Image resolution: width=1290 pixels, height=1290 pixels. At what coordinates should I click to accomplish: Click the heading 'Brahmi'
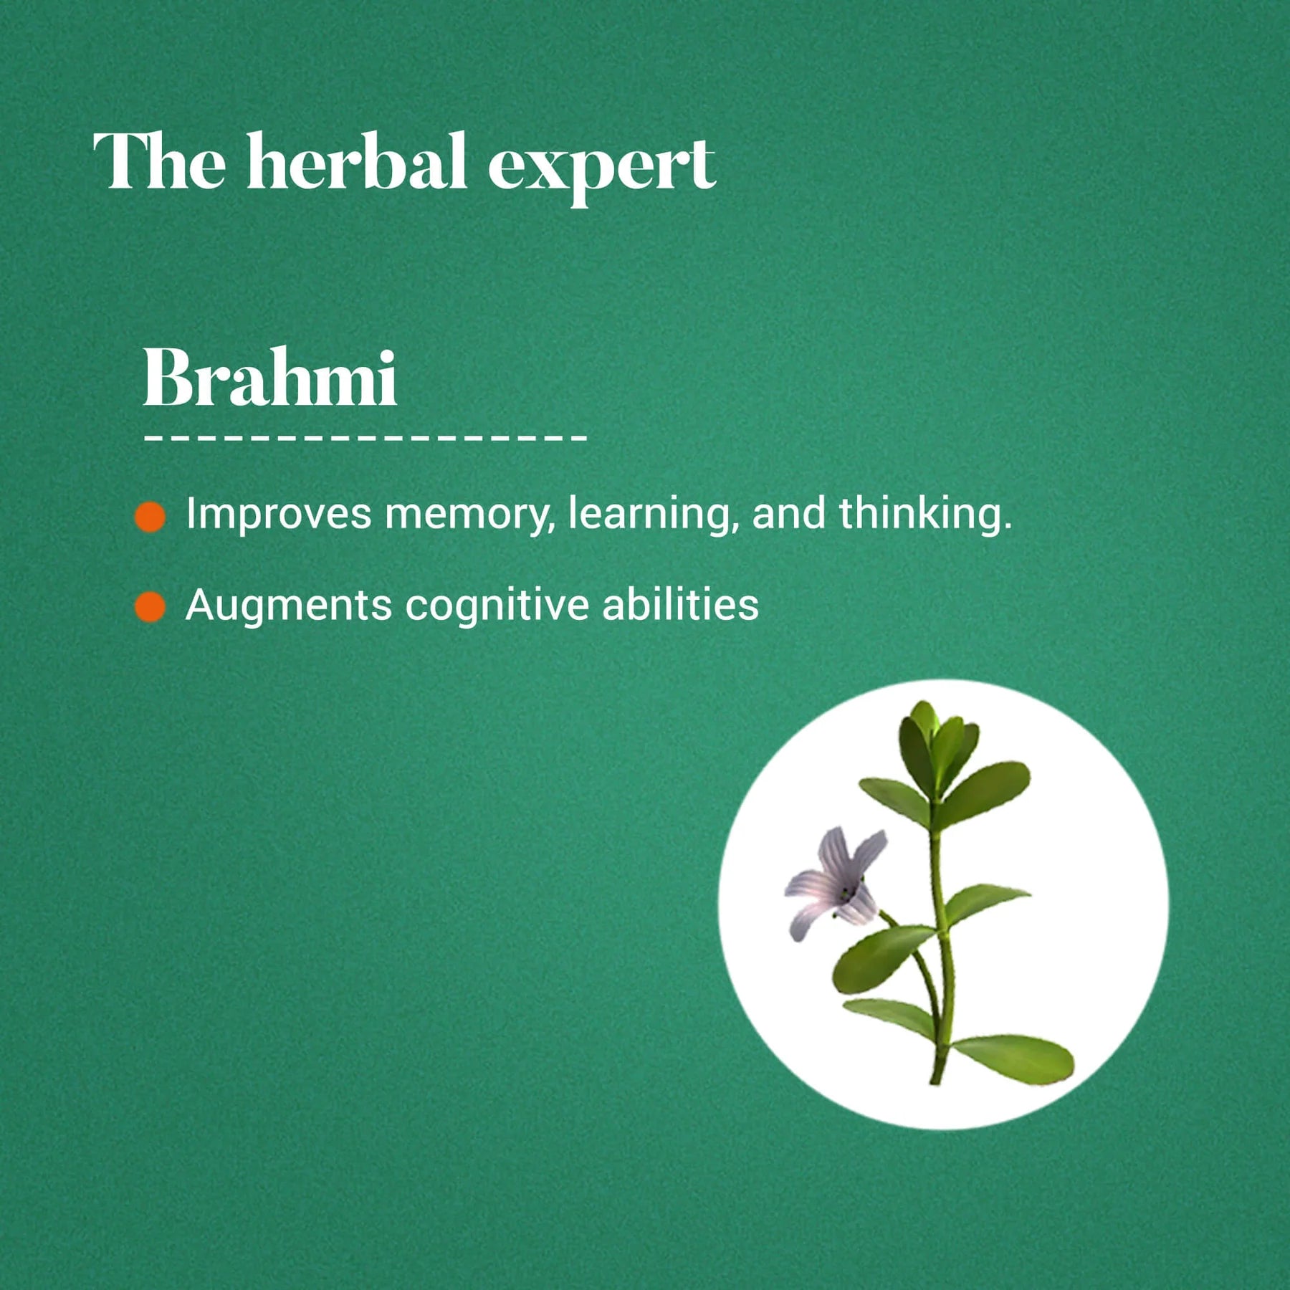[x=269, y=378]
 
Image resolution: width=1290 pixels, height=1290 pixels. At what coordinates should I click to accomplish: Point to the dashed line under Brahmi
[x=365, y=436]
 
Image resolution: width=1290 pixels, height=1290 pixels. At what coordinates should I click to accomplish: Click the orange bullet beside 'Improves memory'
[x=150, y=517]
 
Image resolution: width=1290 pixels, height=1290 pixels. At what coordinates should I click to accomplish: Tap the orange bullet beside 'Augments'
[x=150, y=607]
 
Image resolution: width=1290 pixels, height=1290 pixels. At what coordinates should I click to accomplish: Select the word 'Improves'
[x=279, y=515]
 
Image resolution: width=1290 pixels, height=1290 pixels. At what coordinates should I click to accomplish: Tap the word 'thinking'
[x=924, y=515]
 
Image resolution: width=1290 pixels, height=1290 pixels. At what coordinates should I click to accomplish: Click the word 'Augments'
[x=288, y=606]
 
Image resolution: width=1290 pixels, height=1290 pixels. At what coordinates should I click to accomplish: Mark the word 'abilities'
[x=680, y=605]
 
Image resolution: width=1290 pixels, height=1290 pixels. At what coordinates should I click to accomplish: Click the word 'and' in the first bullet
[x=788, y=515]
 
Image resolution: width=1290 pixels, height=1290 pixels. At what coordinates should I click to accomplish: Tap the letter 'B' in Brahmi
[x=168, y=378]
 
